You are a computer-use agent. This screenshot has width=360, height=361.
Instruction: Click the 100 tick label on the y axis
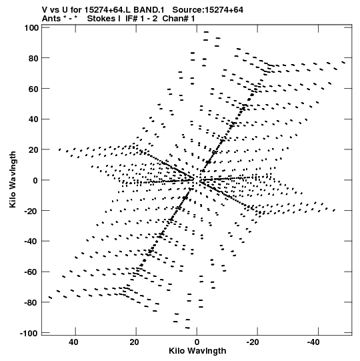pos(31,28)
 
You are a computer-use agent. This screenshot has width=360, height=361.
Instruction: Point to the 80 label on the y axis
pos(33,59)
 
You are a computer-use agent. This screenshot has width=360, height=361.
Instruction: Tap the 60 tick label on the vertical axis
pos(33,89)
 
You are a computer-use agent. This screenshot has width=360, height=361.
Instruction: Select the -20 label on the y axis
pos(31,211)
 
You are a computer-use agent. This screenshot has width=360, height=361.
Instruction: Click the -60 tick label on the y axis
pos(31,272)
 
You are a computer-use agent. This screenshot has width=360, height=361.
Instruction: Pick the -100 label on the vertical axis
pos(29,334)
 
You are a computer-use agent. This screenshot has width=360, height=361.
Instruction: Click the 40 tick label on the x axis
pos(73,342)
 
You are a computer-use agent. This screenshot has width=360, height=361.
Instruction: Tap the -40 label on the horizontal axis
pos(313,342)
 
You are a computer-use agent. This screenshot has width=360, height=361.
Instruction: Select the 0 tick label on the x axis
pos(197,342)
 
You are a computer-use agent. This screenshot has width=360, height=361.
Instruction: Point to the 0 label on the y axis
pos(35,181)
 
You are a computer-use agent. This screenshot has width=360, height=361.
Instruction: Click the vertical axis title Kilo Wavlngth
pos(13,179)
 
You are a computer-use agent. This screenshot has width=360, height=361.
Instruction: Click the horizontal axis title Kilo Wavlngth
pos(197,351)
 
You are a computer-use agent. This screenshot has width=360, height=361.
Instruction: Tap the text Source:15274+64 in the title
pos(208,10)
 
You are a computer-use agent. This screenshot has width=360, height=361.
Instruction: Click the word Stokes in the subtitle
pos(101,19)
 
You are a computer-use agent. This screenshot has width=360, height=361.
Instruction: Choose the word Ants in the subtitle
pos(51,19)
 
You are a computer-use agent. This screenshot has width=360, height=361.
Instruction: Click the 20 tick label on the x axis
pos(134,342)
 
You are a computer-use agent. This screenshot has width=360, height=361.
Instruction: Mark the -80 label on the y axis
pos(31,303)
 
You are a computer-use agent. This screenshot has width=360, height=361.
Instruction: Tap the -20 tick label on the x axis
pos(253,342)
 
